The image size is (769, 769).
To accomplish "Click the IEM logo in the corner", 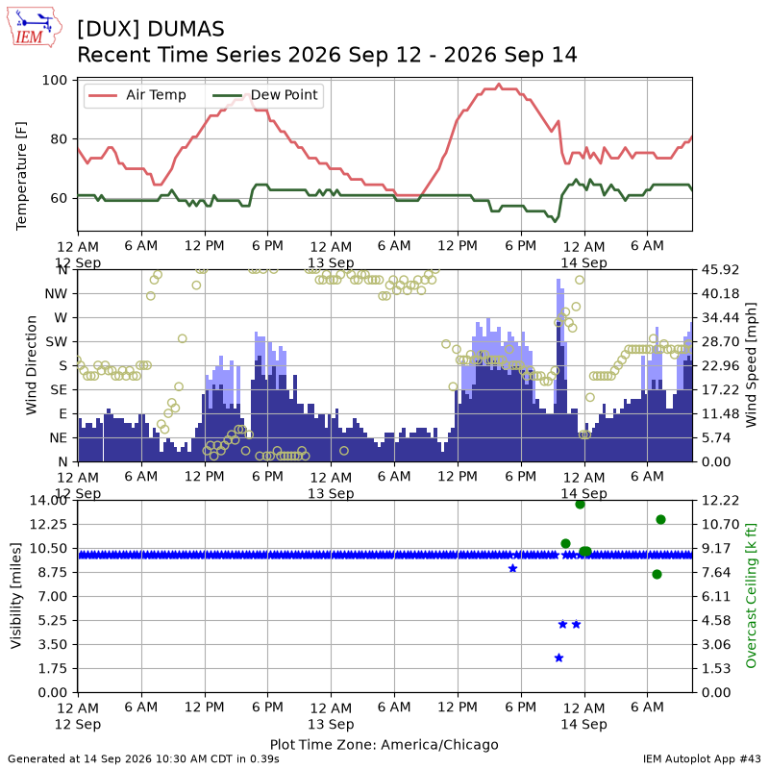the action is tap(35, 28).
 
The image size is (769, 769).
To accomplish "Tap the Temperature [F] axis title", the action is tap(21, 176).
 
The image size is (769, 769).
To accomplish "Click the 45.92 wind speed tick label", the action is tap(720, 270).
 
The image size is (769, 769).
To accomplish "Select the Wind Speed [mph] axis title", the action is tap(751, 365).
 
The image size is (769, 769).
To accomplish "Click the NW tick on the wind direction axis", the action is tap(56, 294).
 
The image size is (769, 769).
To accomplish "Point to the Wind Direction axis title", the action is tap(32, 365).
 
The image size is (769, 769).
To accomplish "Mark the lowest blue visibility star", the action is tap(558, 657).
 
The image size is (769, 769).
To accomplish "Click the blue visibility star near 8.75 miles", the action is tap(513, 568).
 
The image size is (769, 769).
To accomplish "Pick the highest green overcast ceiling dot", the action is tap(581, 504).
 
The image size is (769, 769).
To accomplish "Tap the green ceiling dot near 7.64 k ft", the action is tap(657, 574).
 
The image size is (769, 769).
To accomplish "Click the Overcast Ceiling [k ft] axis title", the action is tap(751, 595).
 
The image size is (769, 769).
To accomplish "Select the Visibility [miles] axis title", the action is tap(16, 595).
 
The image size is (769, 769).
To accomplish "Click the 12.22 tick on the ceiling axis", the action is tap(720, 500).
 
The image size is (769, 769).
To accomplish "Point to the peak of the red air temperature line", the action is tap(499, 85).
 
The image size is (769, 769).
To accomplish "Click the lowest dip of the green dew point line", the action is tap(555, 222).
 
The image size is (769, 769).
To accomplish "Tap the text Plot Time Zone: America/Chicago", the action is tap(384, 744).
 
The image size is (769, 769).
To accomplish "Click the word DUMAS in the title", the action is tap(186, 30).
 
